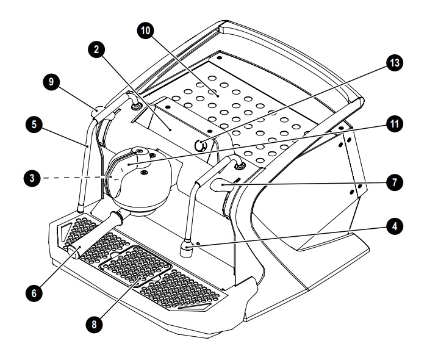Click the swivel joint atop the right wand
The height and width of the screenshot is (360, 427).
(x=237, y=163)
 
